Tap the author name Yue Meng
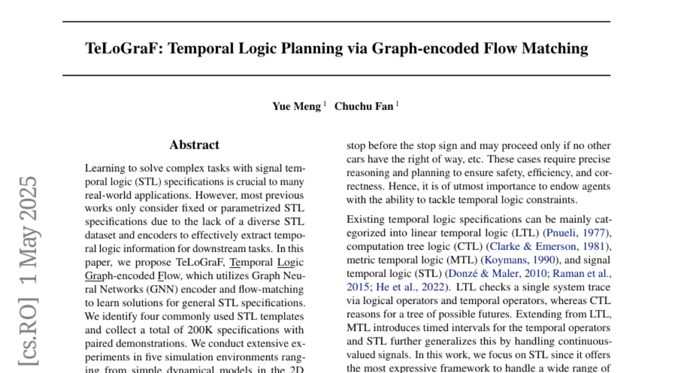(x=296, y=106)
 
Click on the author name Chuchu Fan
(x=364, y=106)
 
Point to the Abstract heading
(x=194, y=145)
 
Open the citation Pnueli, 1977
(x=577, y=233)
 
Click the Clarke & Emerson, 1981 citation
(x=549, y=246)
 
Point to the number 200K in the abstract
(x=201, y=330)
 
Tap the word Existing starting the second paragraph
(x=366, y=219)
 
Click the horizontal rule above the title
(x=336, y=22)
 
